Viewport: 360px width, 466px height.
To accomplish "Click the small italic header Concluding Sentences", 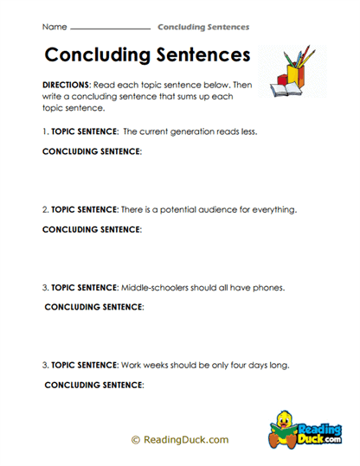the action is point(203,28).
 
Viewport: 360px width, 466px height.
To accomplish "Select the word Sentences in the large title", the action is point(196,56).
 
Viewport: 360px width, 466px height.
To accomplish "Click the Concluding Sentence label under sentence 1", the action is point(92,151).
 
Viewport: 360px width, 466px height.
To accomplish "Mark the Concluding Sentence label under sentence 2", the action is point(92,229).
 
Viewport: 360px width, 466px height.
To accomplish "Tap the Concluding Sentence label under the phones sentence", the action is point(93,307).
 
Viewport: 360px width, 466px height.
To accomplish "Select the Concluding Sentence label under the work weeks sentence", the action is point(93,384).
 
